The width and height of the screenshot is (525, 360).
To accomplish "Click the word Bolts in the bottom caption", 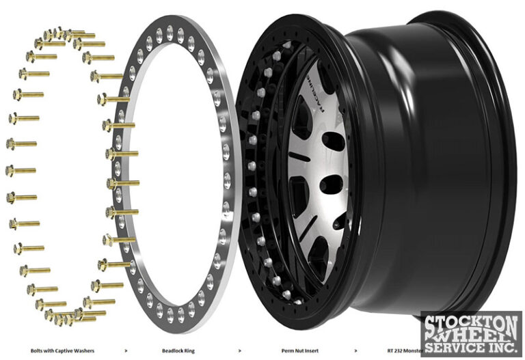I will click(x=39, y=350).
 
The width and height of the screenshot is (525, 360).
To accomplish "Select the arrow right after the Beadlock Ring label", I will click(x=239, y=350).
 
